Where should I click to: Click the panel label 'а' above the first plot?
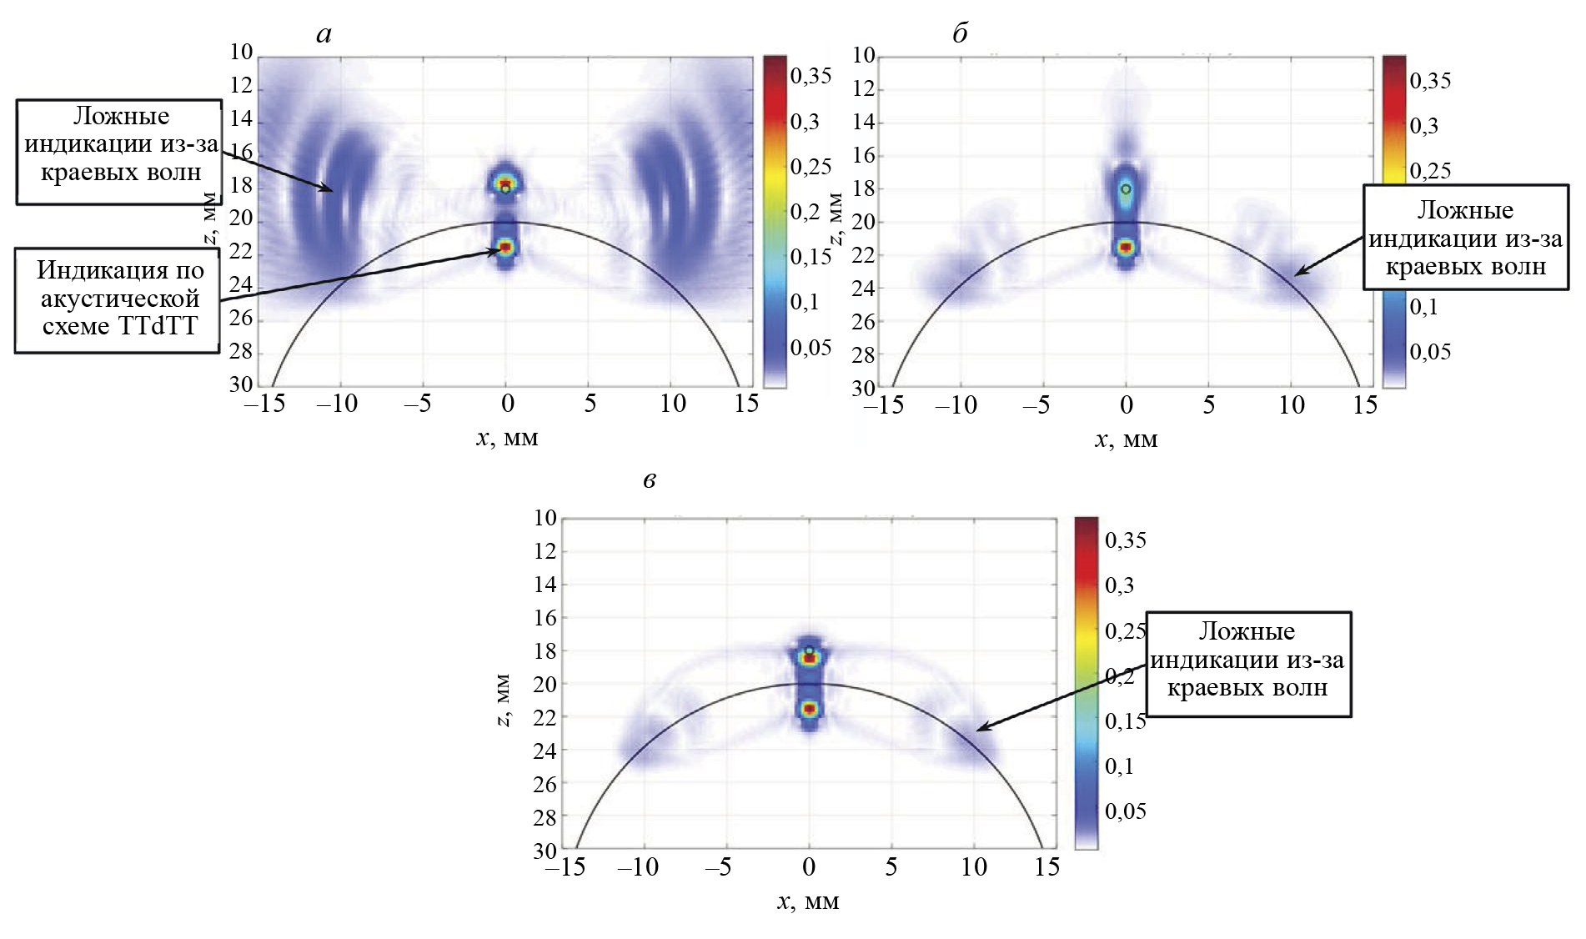324,34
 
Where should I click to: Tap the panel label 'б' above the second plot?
960,33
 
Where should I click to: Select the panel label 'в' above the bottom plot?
650,480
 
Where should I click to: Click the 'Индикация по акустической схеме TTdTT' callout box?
118,298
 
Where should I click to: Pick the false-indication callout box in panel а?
120,144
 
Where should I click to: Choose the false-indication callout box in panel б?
1465,239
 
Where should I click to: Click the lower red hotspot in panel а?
505,247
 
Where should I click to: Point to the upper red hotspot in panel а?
504,182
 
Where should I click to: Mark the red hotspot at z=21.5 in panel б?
1127,247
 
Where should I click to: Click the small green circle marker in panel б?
1127,189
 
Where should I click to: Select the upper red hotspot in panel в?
809,658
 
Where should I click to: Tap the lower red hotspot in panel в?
809,709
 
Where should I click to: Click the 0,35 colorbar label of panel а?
811,77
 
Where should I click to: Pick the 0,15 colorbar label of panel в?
1126,721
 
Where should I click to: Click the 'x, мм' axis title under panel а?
507,438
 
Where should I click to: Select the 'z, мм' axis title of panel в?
504,700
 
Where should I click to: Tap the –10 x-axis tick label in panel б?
956,405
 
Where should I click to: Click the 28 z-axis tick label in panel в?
545,818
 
